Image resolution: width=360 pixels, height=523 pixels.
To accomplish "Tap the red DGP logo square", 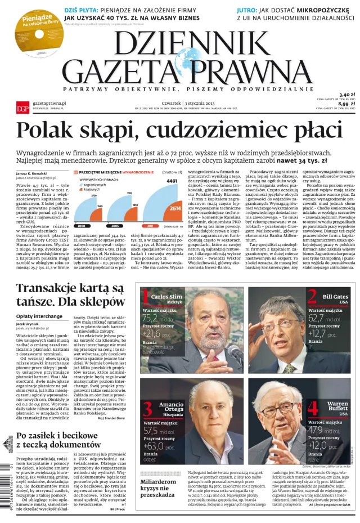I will tap(22, 108).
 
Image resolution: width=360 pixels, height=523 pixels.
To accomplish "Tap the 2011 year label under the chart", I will tap(151, 226).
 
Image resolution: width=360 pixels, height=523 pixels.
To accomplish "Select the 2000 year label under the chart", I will tap(82, 226).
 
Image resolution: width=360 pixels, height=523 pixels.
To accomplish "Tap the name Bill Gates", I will tap(336, 296).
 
